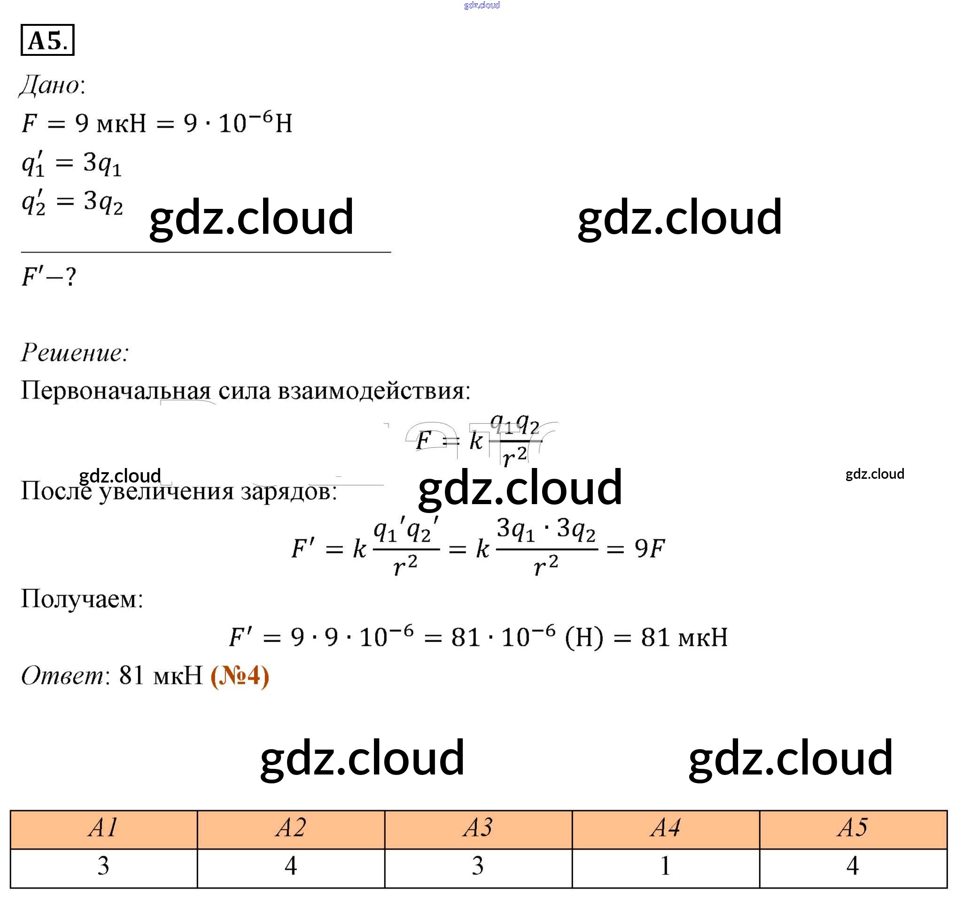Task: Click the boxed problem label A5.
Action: (47, 40)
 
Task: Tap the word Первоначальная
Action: (116, 390)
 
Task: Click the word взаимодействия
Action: (373, 390)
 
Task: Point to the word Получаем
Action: (82, 598)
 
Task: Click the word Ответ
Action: (62, 675)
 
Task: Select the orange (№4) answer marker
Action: (240, 675)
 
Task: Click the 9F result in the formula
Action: (650, 549)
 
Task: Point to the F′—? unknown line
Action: (48, 277)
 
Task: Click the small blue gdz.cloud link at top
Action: (482, 5)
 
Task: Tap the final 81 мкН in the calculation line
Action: (684, 637)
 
